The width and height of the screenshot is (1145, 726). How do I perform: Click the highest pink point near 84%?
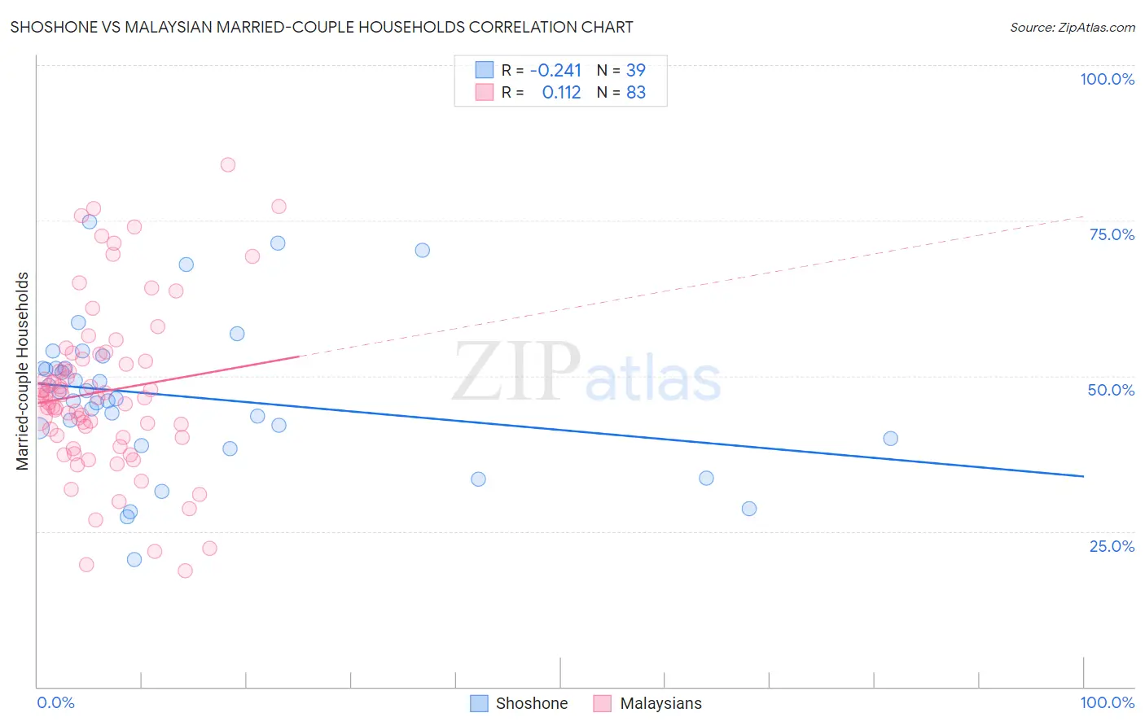coord(228,165)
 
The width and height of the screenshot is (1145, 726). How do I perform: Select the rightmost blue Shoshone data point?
coord(890,439)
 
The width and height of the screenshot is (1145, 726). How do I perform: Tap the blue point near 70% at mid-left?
coord(422,251)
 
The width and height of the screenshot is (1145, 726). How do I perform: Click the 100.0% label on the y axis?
coord(1107,79)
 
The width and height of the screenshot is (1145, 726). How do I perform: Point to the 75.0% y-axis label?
coord(1112,234)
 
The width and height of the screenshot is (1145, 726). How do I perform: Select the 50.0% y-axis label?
coord(1111,390)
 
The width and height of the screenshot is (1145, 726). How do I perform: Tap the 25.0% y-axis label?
coord(1112,546)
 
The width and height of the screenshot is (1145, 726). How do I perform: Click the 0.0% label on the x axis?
coord(55,702)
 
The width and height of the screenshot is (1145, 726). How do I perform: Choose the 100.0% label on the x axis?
coord(1107,702)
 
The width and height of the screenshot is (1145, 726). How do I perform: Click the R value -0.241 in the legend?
coord(555,70)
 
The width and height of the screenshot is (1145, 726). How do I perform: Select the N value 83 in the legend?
coord(635,93)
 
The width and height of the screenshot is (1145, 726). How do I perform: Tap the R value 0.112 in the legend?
coord(561,93)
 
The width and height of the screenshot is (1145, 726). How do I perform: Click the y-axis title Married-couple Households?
coord(23,371)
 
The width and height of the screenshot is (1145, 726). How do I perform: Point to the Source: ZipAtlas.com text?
coord(1072,28)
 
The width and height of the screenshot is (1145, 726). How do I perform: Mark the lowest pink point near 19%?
coord(185,571)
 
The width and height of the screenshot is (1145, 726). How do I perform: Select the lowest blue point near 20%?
coord(134,559)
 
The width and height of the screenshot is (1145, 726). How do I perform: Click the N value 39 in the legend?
coord(635,70)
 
